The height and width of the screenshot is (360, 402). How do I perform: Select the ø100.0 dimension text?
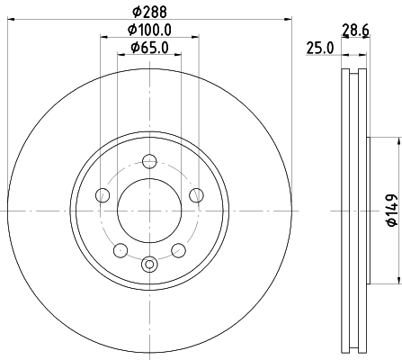click(149, 31)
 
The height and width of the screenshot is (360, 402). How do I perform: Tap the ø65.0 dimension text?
click(149, 49)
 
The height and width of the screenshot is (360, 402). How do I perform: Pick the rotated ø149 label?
click(390, 209)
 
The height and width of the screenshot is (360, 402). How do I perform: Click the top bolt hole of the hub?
click(149, 162)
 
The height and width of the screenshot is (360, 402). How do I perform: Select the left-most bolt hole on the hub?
click(103, 195)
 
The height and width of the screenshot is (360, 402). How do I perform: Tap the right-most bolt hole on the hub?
click(196, 195)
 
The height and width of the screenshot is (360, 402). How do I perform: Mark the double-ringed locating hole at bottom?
click(149, 264)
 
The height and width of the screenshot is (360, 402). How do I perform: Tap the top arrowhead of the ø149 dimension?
click(396, 139)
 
